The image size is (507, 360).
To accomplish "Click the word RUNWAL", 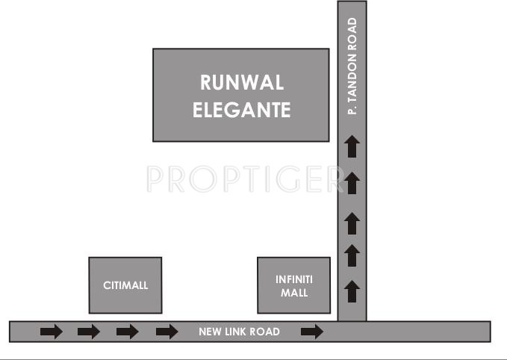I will click(x=241, y=82).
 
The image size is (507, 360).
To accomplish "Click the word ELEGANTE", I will click(x=241, y=111).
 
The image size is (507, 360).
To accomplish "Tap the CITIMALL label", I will click(x=125, y=285).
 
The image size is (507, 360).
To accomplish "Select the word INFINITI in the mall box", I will click(x=294, y=279).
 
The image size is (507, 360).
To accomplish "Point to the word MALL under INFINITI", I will click(x=294, y=293).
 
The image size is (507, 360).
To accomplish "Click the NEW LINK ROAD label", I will click(x=239, y=332).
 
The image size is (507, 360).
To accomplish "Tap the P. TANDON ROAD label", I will click(x=352, y=66).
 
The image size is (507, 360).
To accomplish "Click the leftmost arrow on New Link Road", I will click(x=52, y=332).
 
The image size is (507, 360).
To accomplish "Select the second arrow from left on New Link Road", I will click(x=88, y=332).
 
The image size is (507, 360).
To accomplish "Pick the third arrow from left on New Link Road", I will click(x=127, y=332).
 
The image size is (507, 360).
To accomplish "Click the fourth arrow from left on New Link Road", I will click(x=167, y=332).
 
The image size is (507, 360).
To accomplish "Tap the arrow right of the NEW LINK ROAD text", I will click(x=312, y=332).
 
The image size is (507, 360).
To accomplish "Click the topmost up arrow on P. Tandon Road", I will click(x=352, y=146).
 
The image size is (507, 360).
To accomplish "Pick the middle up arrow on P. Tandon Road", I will click(x=352, y=223).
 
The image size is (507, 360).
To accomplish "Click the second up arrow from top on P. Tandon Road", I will click(x=352, y=182).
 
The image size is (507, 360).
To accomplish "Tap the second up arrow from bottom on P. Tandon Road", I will click(x=352, y=256).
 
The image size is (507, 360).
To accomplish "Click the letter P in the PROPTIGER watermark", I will click(x=155, y=179).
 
